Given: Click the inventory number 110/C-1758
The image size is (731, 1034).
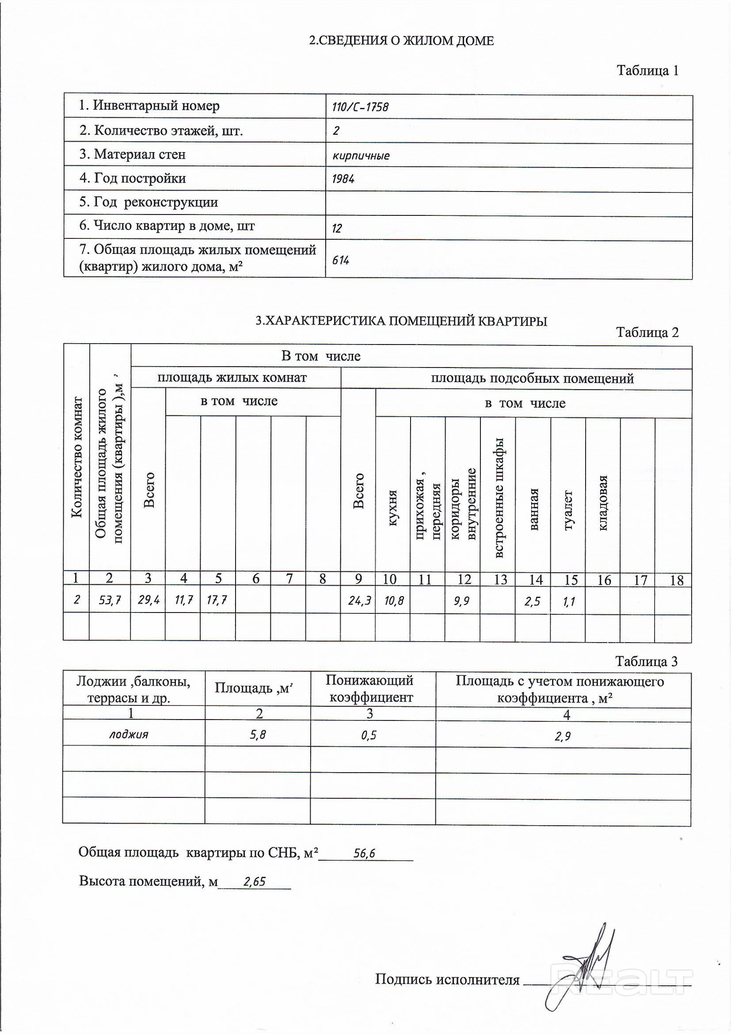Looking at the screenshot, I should click(x=360, y=107).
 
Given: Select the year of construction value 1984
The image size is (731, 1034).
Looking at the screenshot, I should click(x=343, y=179).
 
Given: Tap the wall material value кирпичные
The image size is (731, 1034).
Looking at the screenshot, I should click(x=361, y=156).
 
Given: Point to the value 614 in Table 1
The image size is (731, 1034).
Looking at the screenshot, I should click(x=341, y=260).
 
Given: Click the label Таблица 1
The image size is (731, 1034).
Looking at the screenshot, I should click(x=647, y=70).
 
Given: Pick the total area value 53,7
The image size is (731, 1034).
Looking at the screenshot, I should click(x=110, y=600).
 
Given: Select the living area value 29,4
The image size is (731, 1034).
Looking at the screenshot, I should click(x=148, y=600).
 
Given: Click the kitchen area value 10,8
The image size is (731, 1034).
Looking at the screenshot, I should click(x=394, y=600).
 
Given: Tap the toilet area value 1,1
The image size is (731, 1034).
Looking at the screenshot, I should click(x=568, y=601).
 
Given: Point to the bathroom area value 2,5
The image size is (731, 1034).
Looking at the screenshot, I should click(x=533, y=601).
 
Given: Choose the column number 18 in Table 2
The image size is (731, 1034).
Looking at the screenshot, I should click(x=677, y=581).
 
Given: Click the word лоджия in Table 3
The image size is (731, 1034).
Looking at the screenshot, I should click(x=129, y=735).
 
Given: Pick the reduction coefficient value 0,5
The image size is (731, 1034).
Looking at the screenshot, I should click(x=369, y=735).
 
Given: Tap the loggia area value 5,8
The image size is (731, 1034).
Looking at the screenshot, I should click(x=258, y=735).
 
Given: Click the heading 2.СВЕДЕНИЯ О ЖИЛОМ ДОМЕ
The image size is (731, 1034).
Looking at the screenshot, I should click(x=401, y=41).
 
